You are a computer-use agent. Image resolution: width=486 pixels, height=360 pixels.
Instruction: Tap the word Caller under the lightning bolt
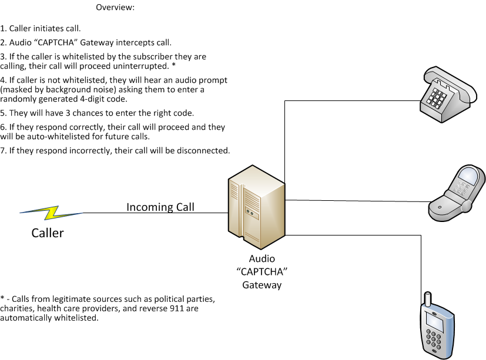[x=48, y=233]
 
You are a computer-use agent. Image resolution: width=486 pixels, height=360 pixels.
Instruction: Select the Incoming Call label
[x=160, y=207]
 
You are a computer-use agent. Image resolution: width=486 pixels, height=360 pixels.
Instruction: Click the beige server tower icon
[x=256, y=207]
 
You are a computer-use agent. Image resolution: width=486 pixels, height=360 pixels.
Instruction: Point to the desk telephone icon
[x=448, y=95]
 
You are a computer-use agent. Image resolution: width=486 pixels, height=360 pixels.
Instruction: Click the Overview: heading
[x=115, y=7]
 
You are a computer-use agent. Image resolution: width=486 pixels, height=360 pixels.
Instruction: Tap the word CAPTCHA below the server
[x=262, y=272]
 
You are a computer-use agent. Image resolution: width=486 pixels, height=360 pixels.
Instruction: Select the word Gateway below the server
[x=262, y=285]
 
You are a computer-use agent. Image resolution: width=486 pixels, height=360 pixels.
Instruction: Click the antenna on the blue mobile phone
[x=428, y=299]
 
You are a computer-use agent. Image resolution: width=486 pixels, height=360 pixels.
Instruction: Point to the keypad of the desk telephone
[x=437, y=97]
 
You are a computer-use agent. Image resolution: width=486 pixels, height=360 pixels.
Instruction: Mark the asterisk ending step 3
[x=173, y=65]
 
